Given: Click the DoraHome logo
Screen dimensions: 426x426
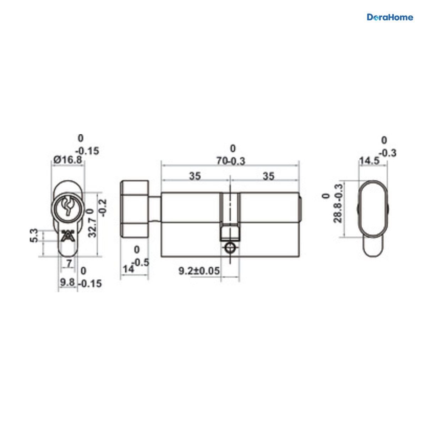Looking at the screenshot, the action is (x=390, y=17).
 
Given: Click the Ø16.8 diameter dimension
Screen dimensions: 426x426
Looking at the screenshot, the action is (x=68, y=160).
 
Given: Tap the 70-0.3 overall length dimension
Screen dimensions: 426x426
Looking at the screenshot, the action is (x=231, y=161).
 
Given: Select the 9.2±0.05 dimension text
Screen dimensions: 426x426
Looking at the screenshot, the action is (x=199, y=271).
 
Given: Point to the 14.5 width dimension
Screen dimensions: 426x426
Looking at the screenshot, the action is (x=369, y=161).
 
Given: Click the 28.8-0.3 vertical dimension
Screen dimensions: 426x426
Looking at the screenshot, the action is (x=338, y=203).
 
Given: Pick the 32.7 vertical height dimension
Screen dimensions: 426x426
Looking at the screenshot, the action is (x=92, y=228).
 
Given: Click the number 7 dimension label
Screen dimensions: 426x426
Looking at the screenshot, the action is (x=69, y=263).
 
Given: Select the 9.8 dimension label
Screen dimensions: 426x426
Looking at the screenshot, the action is (x=67, y=282).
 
